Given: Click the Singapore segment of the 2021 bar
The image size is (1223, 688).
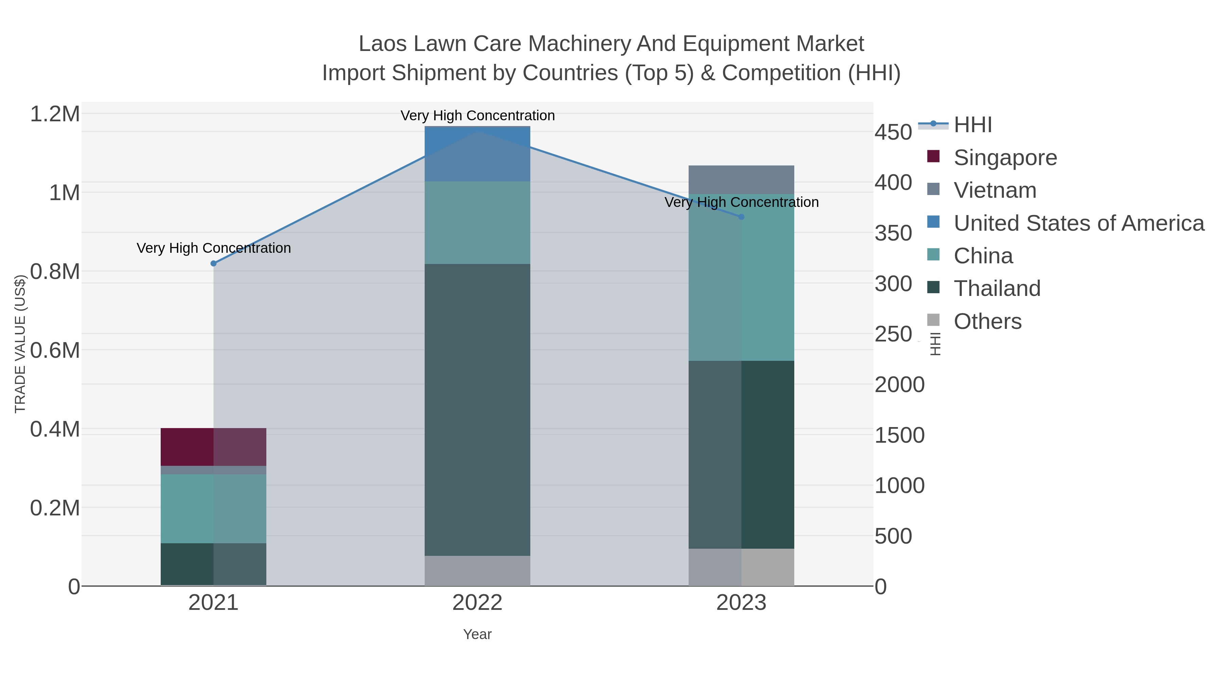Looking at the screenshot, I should pyautogui.click(x=213, y=447).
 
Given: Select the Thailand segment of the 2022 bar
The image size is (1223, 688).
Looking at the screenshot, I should pyautogui.click(x=477, y=409).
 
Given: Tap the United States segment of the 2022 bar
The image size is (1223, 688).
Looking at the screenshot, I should pyautogui.click(x=477, y=154).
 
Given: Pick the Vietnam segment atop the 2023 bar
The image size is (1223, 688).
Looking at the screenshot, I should pyautogui.click(x=741, y=179).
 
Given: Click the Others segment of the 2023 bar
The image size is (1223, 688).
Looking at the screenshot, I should pyautogui.click(x=741, y=567).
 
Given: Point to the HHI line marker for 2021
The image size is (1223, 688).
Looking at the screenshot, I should pyautogui.click(x=213, y=264).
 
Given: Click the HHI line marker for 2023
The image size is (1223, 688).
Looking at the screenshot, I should pyautogui.click(x=741, y=217).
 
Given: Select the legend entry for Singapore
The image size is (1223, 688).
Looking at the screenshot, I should pyautogui.click(x=1005, y=158).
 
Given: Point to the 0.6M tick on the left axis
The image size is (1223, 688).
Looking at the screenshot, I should pyautogui.click(x=55, y=350).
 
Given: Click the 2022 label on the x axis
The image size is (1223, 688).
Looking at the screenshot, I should pyautogui.click(x=477, y=603).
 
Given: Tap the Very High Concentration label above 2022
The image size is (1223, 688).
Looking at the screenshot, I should pyautogui.click(x=477, y=116).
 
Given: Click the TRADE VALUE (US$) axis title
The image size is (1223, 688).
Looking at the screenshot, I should pyautogui.click(x=20, y=344).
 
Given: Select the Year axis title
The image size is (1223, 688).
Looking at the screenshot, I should pyautogui.click(x=477, y=634).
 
